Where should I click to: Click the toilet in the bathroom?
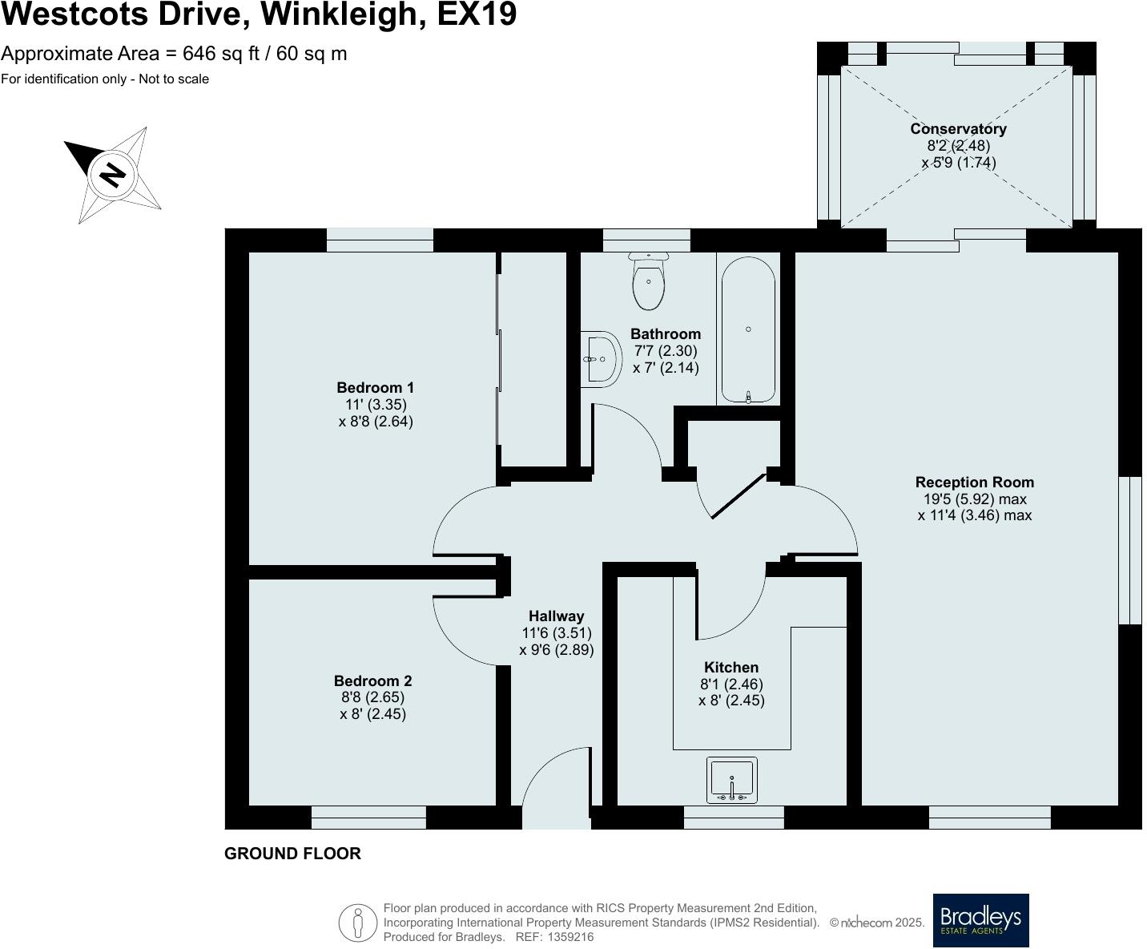[x=648, y=281]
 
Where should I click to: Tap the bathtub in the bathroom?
[x=748, y=329]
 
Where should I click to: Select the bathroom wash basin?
[x=601, y=359]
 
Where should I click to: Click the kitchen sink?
[x=731, y=780]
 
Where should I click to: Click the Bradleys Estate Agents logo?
[x=980, y=920]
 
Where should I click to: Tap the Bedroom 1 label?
[x=375, y=387]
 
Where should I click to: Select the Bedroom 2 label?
[x=372, y=680]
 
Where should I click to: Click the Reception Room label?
[x=974, y=482]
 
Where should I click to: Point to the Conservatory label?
[x=958, y=128]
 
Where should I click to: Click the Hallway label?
[x=556, y=616]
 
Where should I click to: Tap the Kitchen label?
[x=730, y=667]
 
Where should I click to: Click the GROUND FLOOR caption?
[x=292, y=854]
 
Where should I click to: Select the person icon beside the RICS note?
[x=357, y=923]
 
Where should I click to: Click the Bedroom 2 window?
[x=368, y=818]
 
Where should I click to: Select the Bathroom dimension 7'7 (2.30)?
[x=665, y=351]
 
